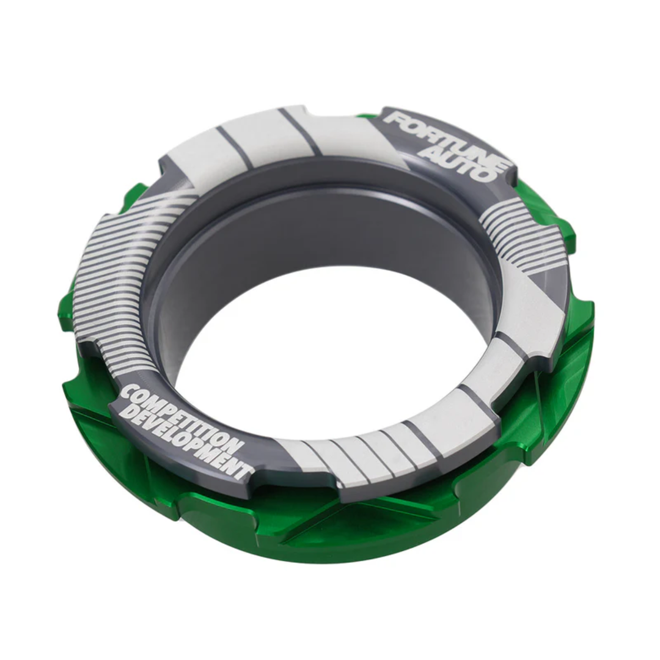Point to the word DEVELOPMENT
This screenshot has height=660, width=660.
click(183, 443)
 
